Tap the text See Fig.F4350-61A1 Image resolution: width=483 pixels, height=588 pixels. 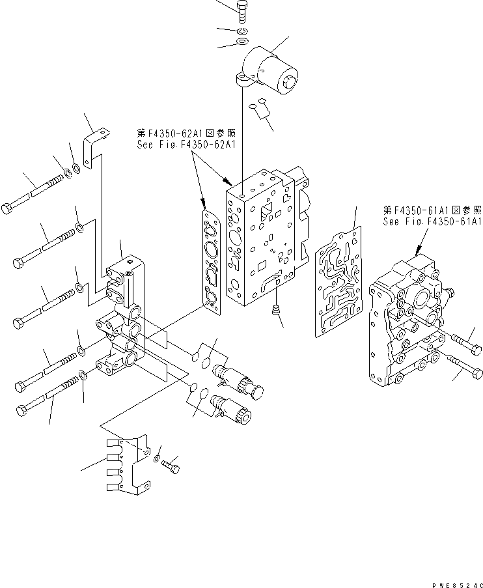432,221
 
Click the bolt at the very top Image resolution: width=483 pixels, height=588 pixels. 243,9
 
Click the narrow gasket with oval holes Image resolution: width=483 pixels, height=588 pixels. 212,257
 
